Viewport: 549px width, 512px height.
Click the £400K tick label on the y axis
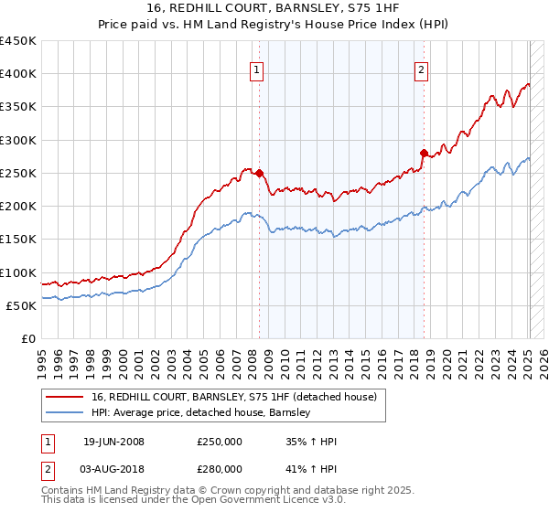tap(18, 74)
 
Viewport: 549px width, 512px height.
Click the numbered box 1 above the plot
tap(256, 69)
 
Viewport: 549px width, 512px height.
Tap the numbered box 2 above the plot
tap(421, 69)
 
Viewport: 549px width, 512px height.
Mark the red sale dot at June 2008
tap(259, 173)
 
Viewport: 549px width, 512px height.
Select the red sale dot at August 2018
tap(424, 153)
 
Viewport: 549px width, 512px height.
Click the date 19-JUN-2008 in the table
tap(113, 442)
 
